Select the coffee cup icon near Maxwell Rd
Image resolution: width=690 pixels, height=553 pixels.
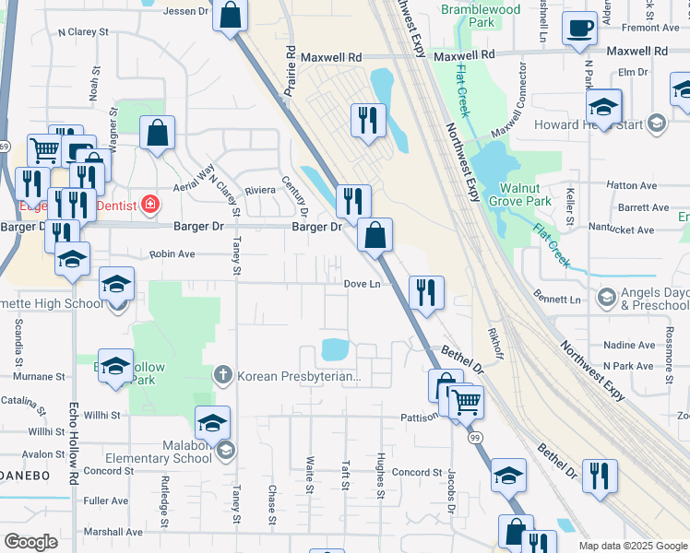coord(579,29)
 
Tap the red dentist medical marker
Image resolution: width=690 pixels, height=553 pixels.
coord(149,205)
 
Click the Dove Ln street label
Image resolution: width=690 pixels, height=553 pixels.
coord(362,285)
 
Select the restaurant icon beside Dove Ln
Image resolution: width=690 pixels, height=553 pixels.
coord(425,293)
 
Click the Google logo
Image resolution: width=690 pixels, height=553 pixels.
coord(30,542)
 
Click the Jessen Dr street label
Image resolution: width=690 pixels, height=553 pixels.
coord(187,11)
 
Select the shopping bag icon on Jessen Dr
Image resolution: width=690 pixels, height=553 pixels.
coord(230,16)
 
